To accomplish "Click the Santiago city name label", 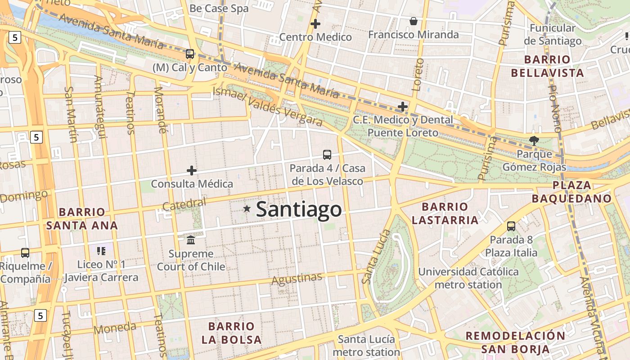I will (x=299, y=209).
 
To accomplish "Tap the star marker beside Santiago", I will (x=247, y=208).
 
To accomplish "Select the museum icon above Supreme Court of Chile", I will (x=191, y=240).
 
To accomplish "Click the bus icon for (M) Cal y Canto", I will (x=190, y=54).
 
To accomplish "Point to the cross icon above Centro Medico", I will (x=315, y=24).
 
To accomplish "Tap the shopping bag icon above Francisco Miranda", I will (x=413, y=21).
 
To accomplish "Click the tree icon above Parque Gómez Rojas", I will (x=534, y=140).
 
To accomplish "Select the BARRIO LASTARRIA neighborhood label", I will (x=445, y=213).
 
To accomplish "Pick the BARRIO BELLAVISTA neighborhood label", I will (x=554, y=66).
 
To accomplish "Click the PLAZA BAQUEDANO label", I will (x=571, y=192).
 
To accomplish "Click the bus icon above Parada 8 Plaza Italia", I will (x=511, y=226).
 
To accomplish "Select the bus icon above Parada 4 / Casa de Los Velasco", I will (x=327, y=155).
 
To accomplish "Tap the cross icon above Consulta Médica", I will (x=192, y=171).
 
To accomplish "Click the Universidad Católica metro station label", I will (x=468, y=278).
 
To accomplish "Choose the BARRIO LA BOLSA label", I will (x=232, y=333).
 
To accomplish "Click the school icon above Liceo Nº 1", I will (x=101, y=251).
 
